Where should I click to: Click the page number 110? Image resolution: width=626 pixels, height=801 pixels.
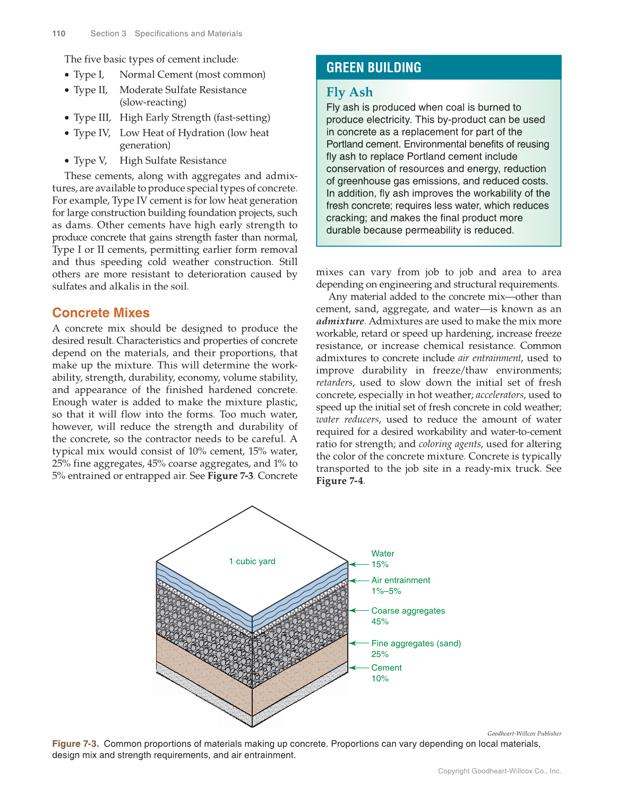point(59,33)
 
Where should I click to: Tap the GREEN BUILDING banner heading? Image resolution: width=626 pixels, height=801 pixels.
point(374,67)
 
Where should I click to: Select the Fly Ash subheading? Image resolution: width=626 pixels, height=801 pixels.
point(349,92)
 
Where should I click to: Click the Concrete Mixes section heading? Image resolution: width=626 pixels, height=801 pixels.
point(101,313)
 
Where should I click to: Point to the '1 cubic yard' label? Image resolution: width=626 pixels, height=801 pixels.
point(252,561)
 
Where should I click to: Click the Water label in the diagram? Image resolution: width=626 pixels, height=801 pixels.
point(383,553)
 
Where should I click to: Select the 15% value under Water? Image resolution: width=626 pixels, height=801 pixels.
point(380,565)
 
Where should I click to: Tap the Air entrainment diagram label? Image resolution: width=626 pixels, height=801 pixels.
point(401,580)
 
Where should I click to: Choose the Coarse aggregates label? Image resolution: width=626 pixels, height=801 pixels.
point(408,611)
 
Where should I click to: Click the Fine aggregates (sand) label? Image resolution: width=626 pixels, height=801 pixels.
point(416,643)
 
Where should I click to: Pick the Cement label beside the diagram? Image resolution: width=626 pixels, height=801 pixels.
point(387,668)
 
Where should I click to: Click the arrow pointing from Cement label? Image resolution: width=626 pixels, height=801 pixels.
point(359,668)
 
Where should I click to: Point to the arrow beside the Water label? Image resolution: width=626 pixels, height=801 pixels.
point(359,564)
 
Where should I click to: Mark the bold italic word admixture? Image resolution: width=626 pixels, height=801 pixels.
point(340,321)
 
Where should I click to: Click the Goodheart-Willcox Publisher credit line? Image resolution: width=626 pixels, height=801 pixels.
point(524,734)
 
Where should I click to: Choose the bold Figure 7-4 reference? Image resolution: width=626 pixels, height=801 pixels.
point(340,481)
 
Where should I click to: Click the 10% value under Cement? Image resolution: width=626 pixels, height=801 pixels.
point(380,679)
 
